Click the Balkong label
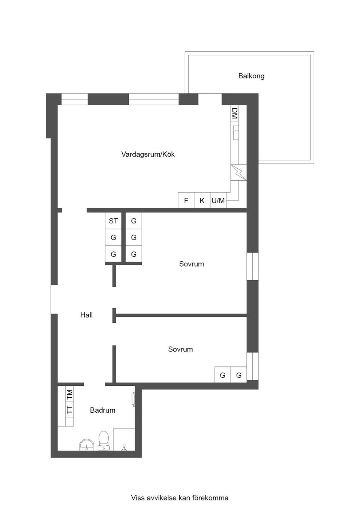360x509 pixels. click(251, 76)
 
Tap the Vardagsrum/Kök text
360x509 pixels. click(148, 154)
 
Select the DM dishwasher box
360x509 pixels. click(235, 113)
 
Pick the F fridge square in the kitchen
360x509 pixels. click(186, 201)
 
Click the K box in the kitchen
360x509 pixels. click(202, 201)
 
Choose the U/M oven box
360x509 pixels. click(218, 201)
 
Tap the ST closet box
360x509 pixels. click(113, 221)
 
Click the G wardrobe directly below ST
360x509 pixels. click(113, 238)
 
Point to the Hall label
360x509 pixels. click(86, 315)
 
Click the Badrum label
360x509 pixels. click(102, 410)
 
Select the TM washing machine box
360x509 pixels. click(70, 394)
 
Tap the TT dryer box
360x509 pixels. click(70, 410)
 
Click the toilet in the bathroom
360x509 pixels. click(103, 440)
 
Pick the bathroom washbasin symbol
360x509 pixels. click(87, 445)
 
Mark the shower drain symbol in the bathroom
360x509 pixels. click(124, 447)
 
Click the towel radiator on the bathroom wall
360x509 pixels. click(133, 399)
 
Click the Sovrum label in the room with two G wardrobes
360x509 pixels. click(180, 349)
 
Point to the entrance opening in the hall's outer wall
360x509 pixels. click(54, 299)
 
